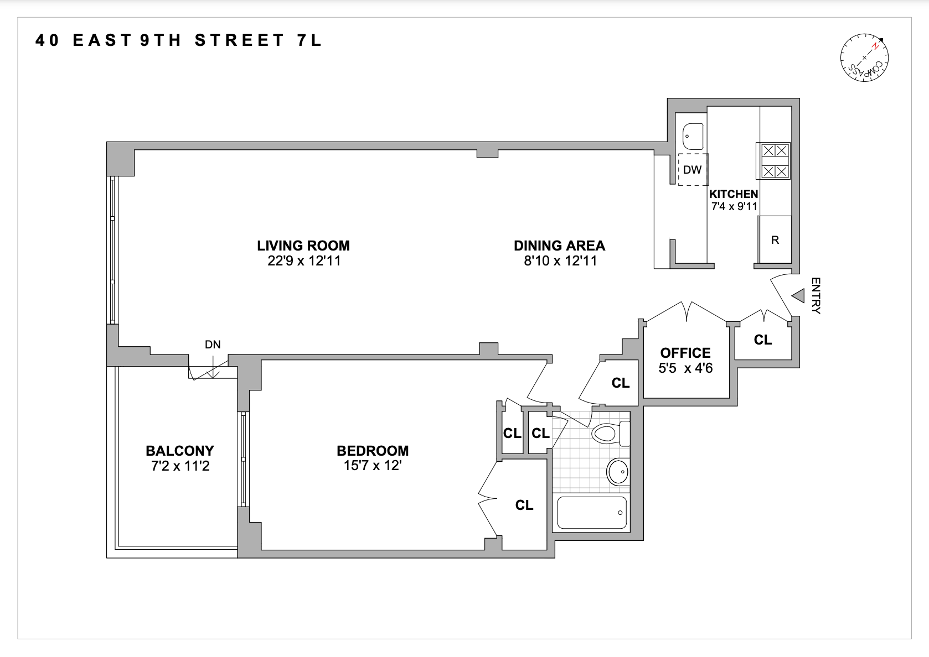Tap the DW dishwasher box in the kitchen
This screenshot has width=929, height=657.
tap(692, 170)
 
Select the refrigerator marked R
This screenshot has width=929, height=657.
tap(775, 240)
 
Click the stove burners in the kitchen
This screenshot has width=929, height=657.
tap(775, 160)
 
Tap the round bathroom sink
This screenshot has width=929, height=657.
tap(618, 472)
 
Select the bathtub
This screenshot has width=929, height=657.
tap(592, 513)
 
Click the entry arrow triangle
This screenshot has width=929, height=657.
tap(797, 296)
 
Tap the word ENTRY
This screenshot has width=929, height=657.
tap(816, 296)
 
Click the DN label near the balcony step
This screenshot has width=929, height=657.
tap(213, 345)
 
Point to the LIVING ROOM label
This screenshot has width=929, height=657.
tap(303, 246)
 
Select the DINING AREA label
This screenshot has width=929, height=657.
tap(559, 246)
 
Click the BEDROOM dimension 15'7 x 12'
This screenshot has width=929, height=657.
tap(372, 466)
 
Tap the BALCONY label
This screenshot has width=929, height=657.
tap(179, 451)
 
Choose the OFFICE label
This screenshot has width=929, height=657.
tap(685, 353)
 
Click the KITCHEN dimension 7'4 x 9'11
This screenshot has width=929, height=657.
tap(734, 207)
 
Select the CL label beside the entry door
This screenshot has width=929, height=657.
tap(763, 340)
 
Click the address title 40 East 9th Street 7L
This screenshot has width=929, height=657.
tap(178, 40)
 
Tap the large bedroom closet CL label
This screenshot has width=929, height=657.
tap(524, 505)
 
